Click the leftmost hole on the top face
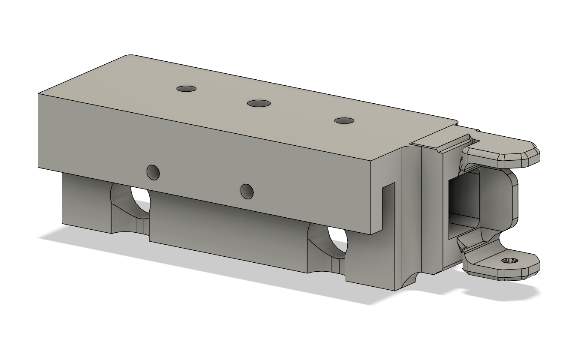point(187,89)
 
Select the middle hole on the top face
point(259,103)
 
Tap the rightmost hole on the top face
point(344,121)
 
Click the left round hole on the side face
point(154,172)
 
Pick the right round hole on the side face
point(247,191)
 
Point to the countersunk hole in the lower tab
point(510,261)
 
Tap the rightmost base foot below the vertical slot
point(369,266)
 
